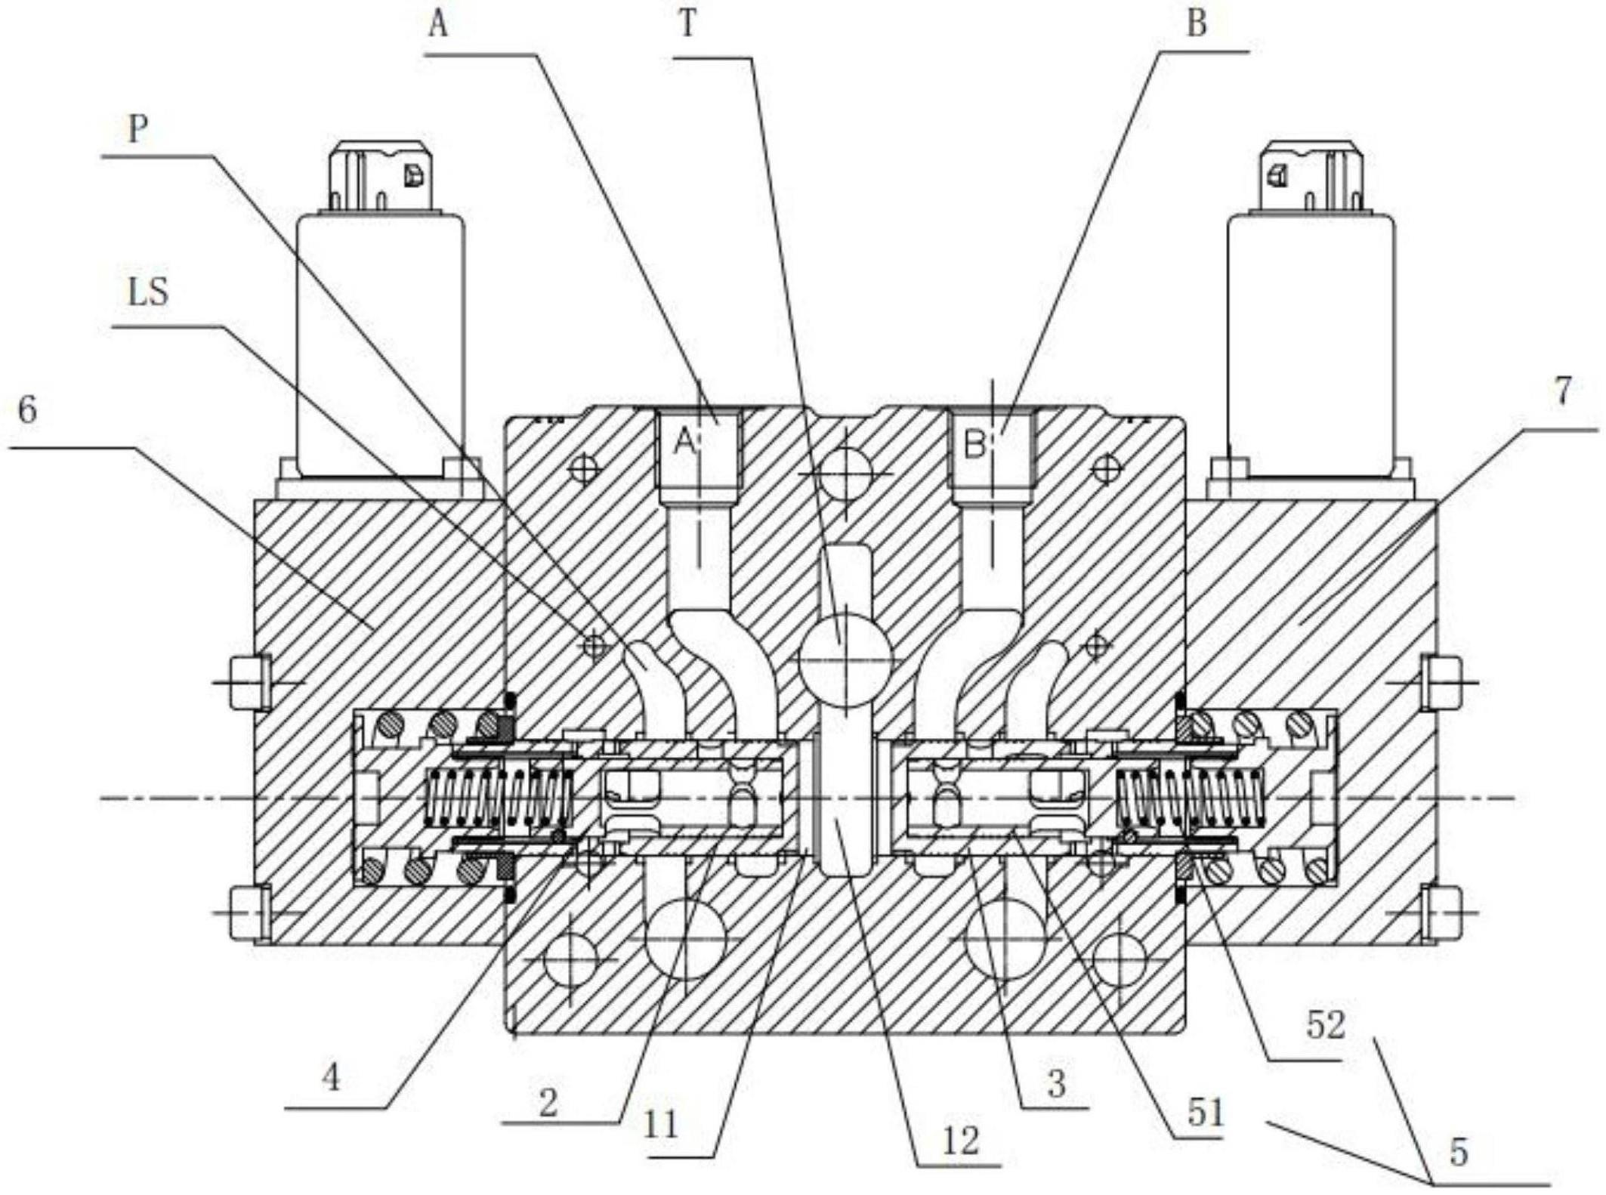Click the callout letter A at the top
[439, 24]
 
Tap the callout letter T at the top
[687, 25]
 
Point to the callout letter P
[137, 129]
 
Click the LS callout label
[148, 292]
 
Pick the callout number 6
[28, 410]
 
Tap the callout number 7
[1563, 390]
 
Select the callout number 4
[331, 1078]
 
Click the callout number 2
[548, 1104]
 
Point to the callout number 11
[662, 1125]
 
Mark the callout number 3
[1056, 1085]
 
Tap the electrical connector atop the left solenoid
[381, 175]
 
